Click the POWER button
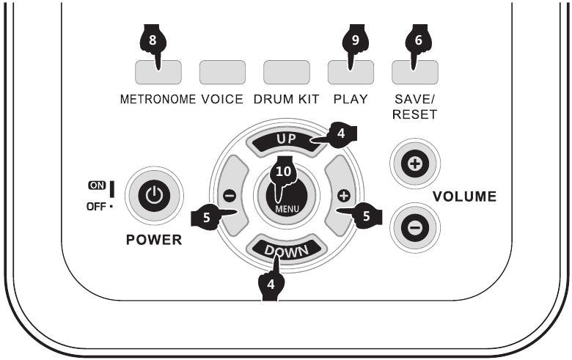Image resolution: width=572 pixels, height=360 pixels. (153, 196)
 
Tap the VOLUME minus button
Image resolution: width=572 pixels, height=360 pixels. (415, 227)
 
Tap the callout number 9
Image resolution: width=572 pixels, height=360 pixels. (356, 41)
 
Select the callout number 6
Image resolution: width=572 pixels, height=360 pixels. (419, 41)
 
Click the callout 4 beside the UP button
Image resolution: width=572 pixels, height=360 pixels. (342, 134)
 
